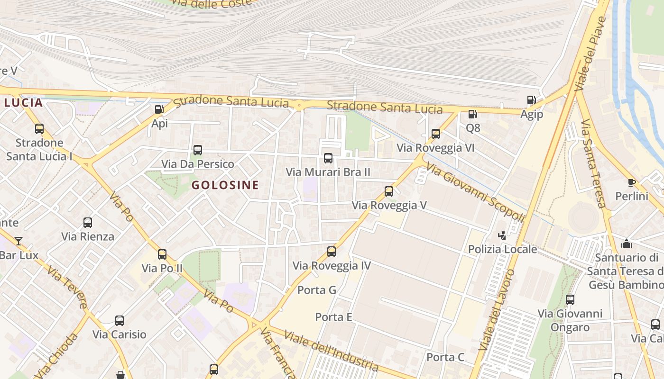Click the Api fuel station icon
(159, 109)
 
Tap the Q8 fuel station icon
(472, 114)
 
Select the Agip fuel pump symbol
(532, 100)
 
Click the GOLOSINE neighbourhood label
(225, 185)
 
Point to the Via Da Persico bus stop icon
(198, 150)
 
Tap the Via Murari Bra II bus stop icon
(328, 158)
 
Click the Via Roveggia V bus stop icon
(389, 191)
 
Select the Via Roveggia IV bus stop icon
(332, 252)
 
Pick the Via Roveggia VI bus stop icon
(436, 134)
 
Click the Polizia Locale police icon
(502, 235)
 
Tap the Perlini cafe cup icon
(631, 182)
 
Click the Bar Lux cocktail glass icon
(18, 241)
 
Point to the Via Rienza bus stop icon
(88, 222)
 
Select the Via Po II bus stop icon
(162, 254)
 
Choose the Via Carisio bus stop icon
(120, 321)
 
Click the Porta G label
(317, 290)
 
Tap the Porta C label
(445, 357)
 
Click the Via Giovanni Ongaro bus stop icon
(570, 299)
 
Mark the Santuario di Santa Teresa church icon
(627, 244)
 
